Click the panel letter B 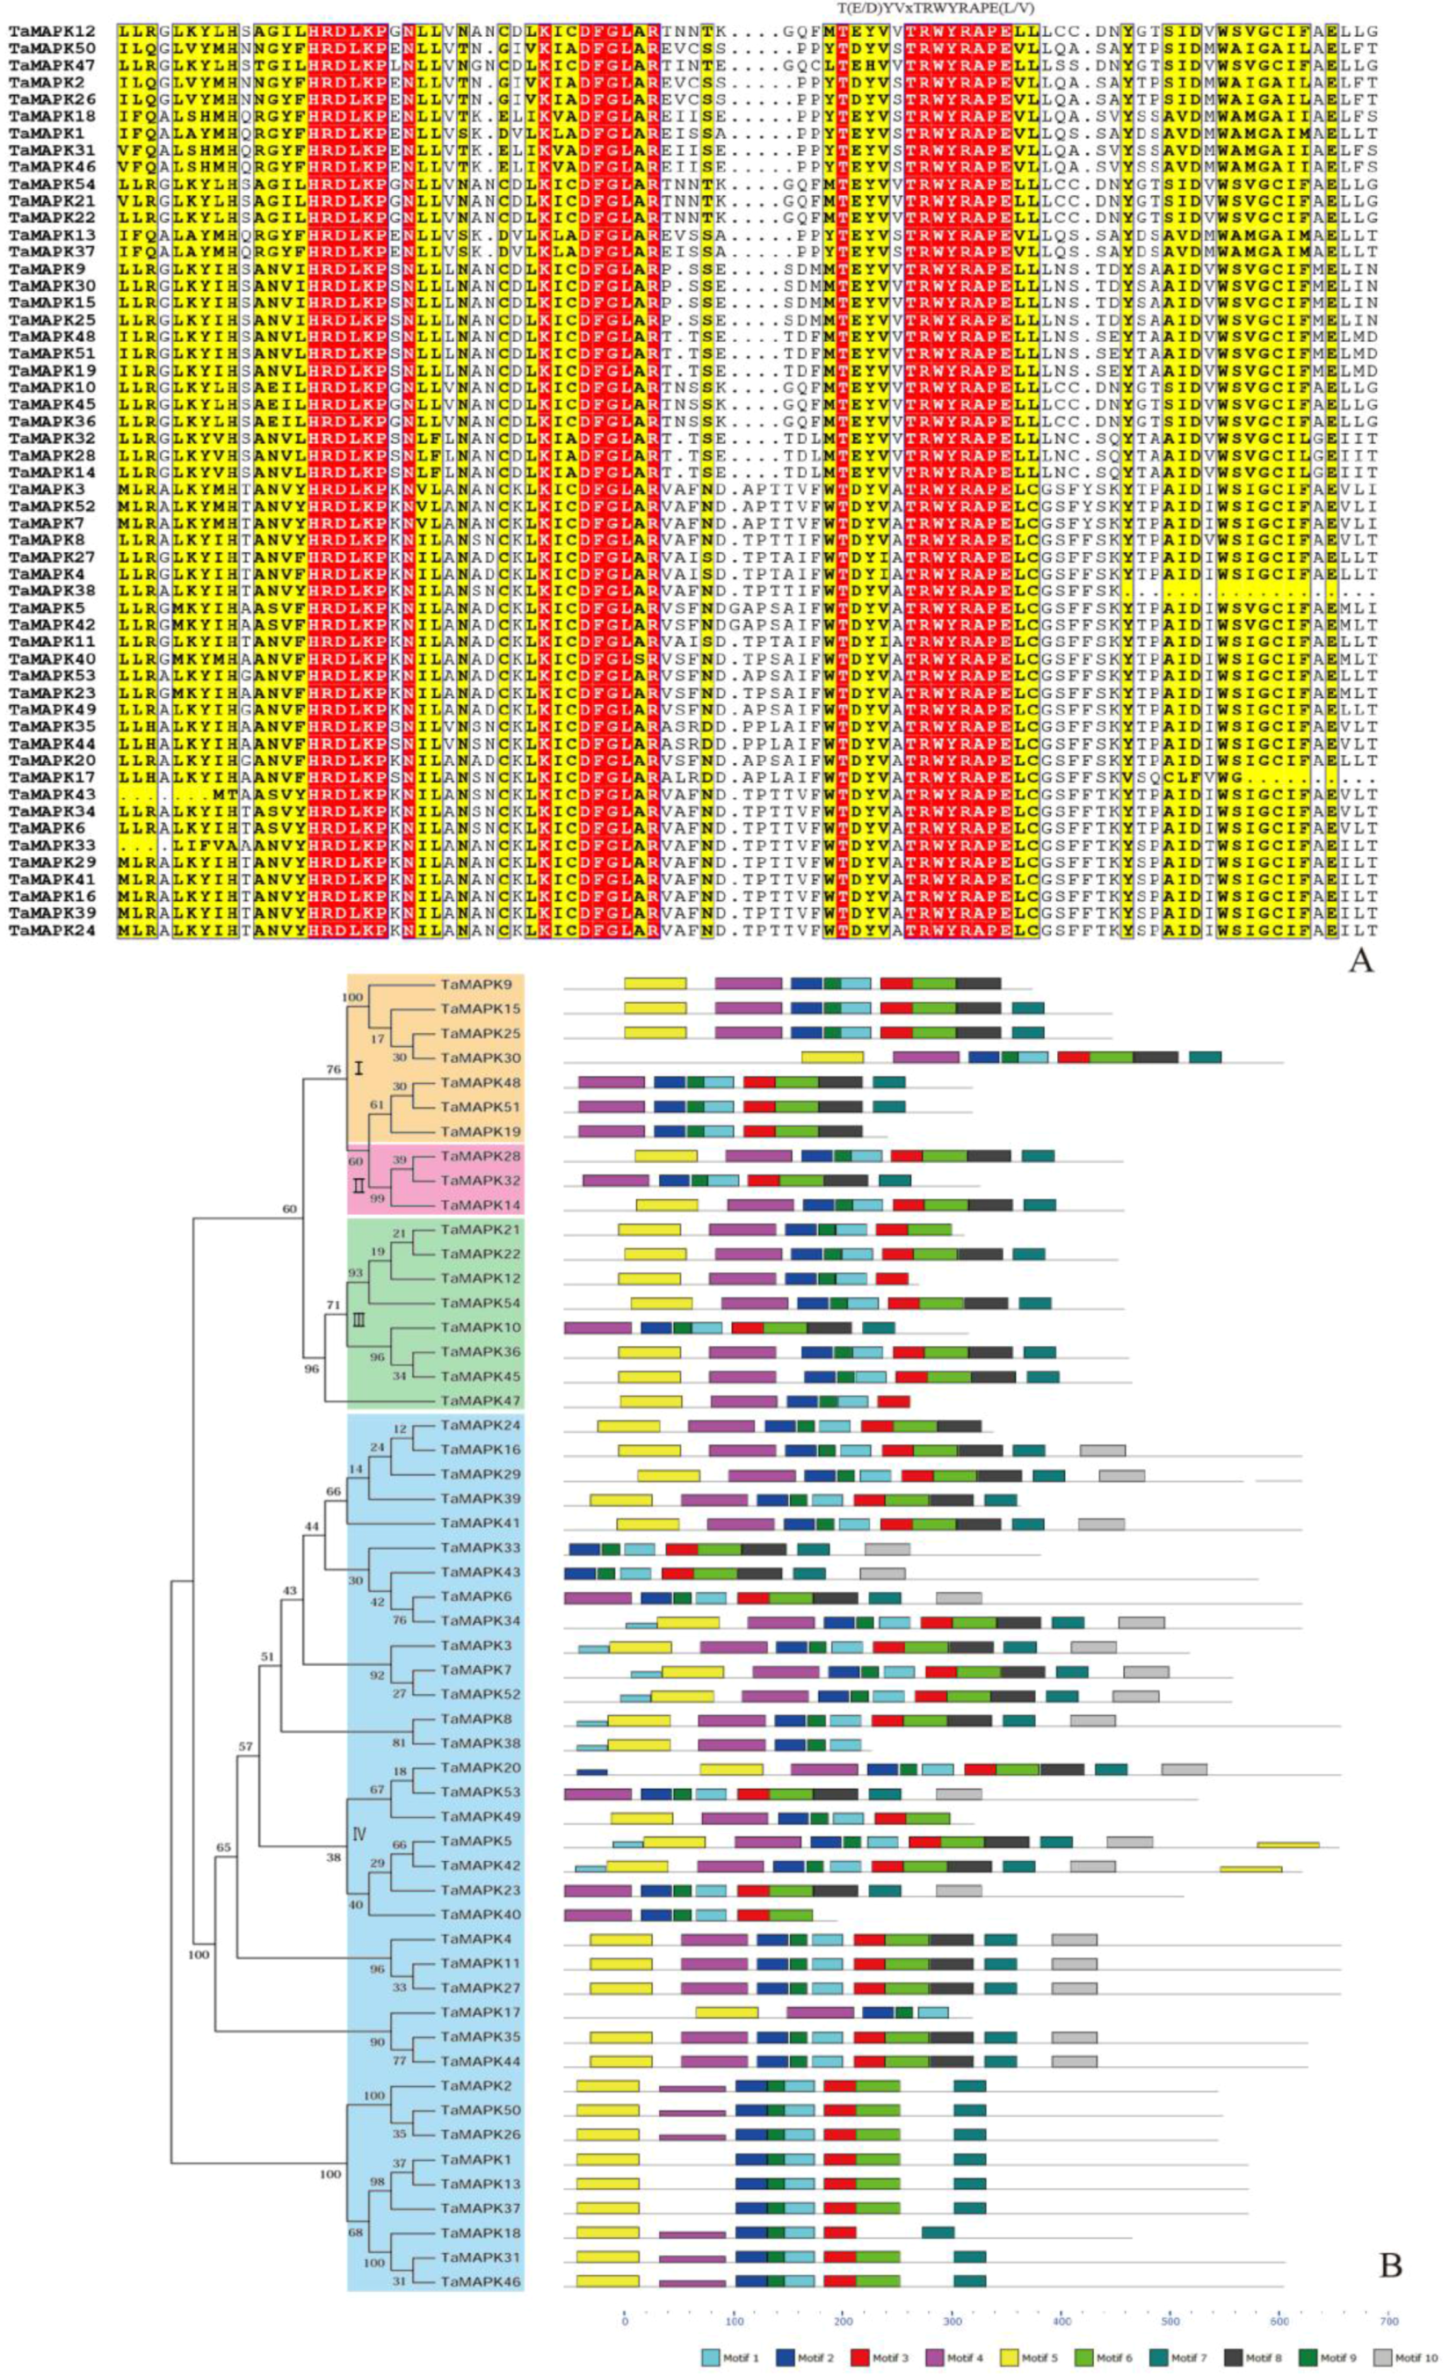1389,2263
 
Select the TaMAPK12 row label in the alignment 52,32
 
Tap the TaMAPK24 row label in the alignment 52,931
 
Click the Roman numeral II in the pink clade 358,1187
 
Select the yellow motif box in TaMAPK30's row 831,1058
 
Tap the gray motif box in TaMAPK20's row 1184,1769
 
